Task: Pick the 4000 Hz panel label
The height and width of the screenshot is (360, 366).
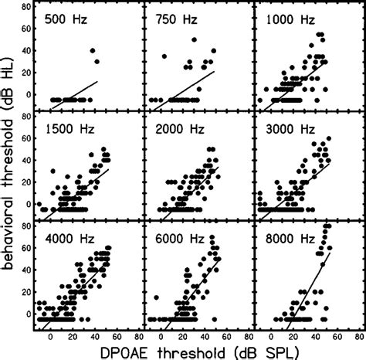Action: (67, 235)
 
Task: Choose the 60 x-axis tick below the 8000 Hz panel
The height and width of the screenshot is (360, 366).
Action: (334, 335)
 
